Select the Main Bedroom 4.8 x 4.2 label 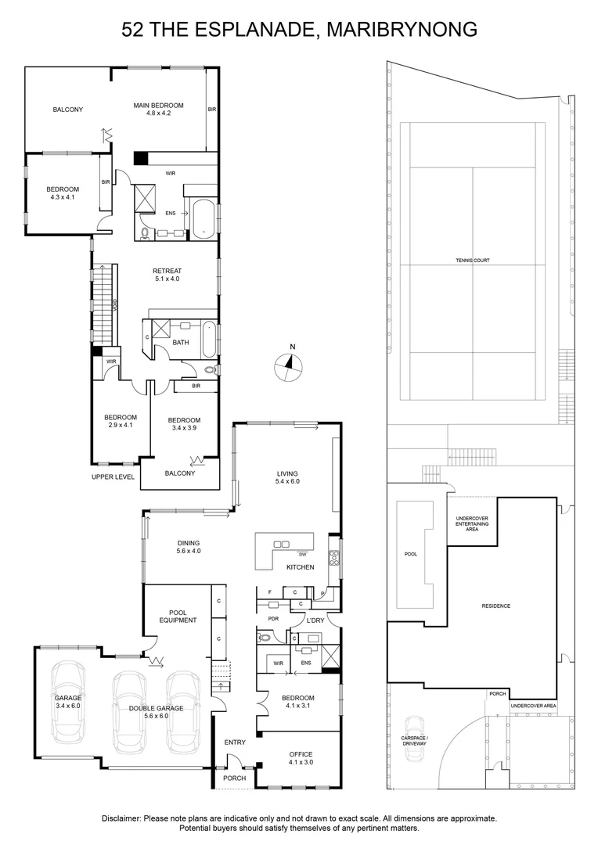click(x=158, y=110)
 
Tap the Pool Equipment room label click(x=177, y=616)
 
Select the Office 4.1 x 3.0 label click(x=300, y=759)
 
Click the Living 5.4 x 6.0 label click(x=288, y=477)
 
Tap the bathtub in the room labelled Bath click(x=207, y=339)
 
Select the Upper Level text click(x=113, y=476)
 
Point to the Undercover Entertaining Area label click(x=473, y=523)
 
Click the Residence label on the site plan click(x=495, y=606)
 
